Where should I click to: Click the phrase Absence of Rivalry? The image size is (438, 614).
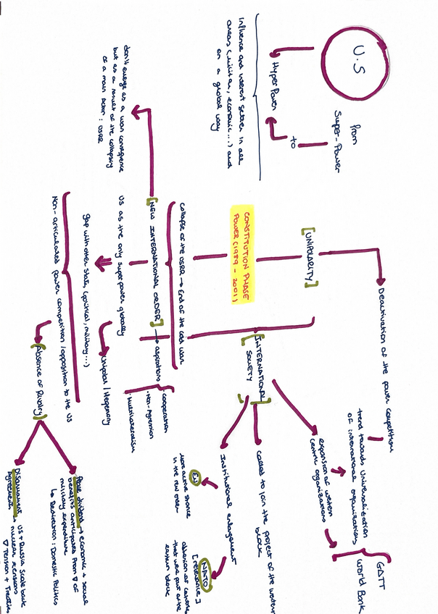tap(38, 384)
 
